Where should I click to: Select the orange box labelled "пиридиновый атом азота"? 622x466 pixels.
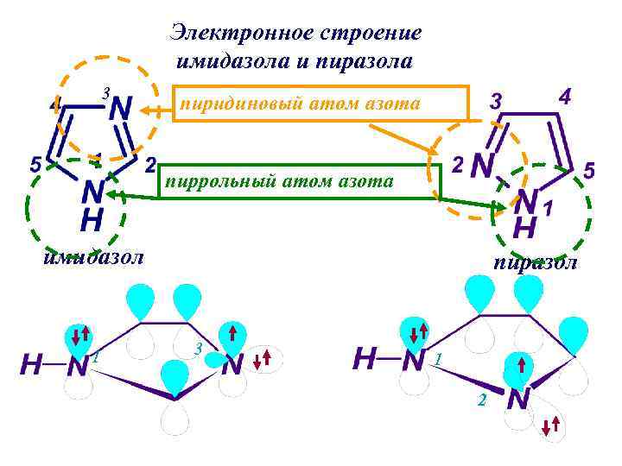point(321,104)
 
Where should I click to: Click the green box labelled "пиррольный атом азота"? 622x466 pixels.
point(294,181)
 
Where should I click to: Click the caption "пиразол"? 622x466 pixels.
point(536,263)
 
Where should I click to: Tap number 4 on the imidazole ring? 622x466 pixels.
point(55,104)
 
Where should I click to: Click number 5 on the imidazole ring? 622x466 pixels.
point(35,163)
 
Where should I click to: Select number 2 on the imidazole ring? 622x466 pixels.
point(150,163)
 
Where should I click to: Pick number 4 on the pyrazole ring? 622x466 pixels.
point(564,96)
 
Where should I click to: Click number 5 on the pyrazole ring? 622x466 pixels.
point(589,171)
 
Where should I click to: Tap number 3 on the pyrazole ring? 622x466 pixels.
point(496,100)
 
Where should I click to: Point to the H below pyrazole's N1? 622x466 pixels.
point(524,229)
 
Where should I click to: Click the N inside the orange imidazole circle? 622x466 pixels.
point(121,109)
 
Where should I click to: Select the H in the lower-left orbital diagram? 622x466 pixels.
point(31,365)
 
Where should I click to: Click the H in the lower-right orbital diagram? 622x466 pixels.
point(365,358)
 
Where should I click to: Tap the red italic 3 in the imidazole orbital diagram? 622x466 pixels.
point(198,349)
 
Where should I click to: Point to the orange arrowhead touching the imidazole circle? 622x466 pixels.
point(148,110)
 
